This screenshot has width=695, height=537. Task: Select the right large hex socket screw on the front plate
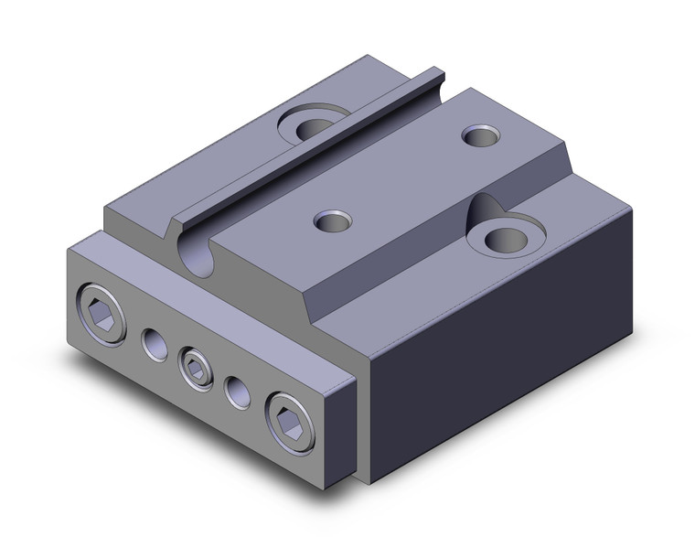290,424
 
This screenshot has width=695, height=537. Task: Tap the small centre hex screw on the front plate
195,369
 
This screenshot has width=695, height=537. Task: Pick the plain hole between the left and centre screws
152,347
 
